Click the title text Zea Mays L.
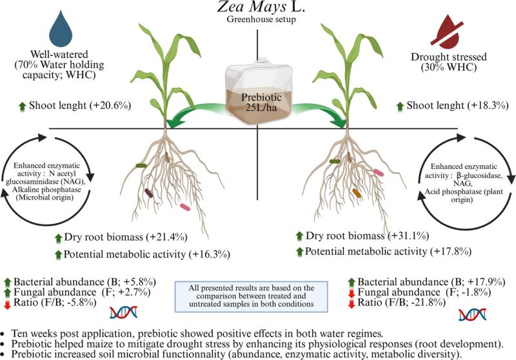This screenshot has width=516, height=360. click(258, 8)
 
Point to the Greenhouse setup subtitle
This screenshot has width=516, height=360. click(258, 20)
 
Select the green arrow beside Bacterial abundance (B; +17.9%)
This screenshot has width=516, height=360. click(352, 282)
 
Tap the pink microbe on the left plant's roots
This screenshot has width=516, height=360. click(186, 207)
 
